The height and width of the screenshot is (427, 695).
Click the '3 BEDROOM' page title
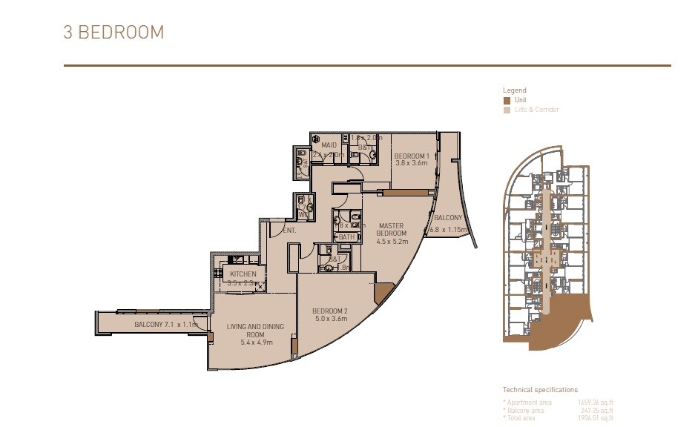(113, 33)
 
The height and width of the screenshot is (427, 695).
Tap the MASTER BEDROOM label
(391, 229)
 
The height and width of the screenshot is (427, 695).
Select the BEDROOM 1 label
(412, 155)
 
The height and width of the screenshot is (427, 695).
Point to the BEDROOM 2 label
(330, 310)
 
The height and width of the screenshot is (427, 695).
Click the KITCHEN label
(243, 274)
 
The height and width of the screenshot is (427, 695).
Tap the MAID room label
(328, 145)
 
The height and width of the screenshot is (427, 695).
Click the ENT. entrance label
(289, 231)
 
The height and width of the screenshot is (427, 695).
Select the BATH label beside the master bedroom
(346, 237)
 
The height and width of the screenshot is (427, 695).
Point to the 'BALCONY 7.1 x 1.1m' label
(165, 325)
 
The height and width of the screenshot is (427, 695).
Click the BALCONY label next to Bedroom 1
(449, 218)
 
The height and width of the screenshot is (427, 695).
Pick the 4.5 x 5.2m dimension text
(391, 241)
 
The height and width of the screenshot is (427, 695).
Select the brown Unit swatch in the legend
(507, 100)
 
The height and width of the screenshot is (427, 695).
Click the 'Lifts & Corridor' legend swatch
(507, 110)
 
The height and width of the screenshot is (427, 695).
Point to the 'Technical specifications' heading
(540, 389)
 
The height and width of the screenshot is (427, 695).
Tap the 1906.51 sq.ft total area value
(597, 417)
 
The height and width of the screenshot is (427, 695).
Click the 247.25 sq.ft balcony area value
(597, 409)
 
